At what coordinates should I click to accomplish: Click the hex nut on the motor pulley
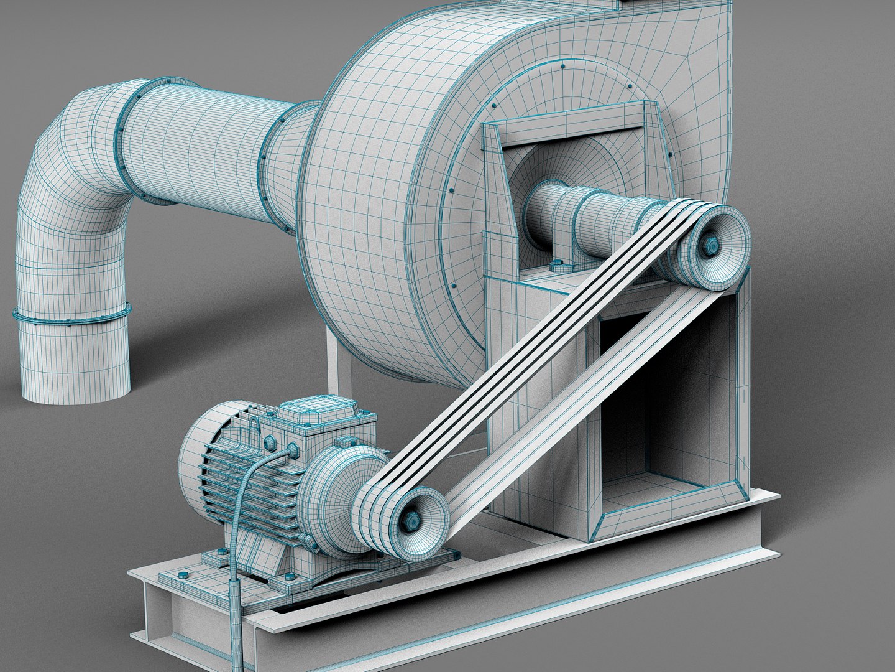pyautogui.click(x=412, y=519)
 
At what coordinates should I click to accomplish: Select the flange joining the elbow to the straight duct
pyautogui.click(x=124, y=143)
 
